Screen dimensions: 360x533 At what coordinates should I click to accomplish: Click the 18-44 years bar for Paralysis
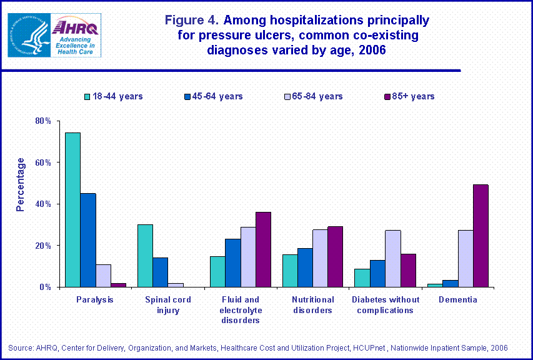click(73, 210)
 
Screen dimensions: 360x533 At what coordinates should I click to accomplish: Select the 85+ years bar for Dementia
click(481, 236)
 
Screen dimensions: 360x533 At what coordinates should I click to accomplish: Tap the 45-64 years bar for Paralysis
click(88, 240)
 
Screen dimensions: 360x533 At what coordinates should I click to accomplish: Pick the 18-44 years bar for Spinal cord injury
click(145, 256)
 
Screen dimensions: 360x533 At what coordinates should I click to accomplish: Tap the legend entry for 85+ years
click(409, 96)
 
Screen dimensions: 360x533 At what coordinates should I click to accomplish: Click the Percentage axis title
click(21, 184)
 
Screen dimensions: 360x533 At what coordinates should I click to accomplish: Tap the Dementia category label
click(457, 300)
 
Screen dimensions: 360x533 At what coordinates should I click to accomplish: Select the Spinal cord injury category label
click(167, 305)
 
